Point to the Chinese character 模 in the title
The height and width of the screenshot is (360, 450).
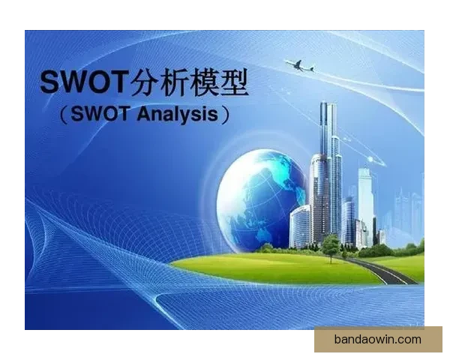tap(214, 82)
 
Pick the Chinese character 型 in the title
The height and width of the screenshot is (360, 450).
tap(246, 82)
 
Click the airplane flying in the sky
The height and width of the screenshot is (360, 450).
tap(299, 66)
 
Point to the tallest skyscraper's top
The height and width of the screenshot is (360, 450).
tap(327, 106)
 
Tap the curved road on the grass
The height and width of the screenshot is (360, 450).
tap(390, 271)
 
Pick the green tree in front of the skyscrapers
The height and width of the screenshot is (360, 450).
tap(331, 243)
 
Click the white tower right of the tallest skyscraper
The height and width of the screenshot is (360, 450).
tap(365, 199)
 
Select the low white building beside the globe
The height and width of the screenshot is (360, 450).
tap(300, 225)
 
